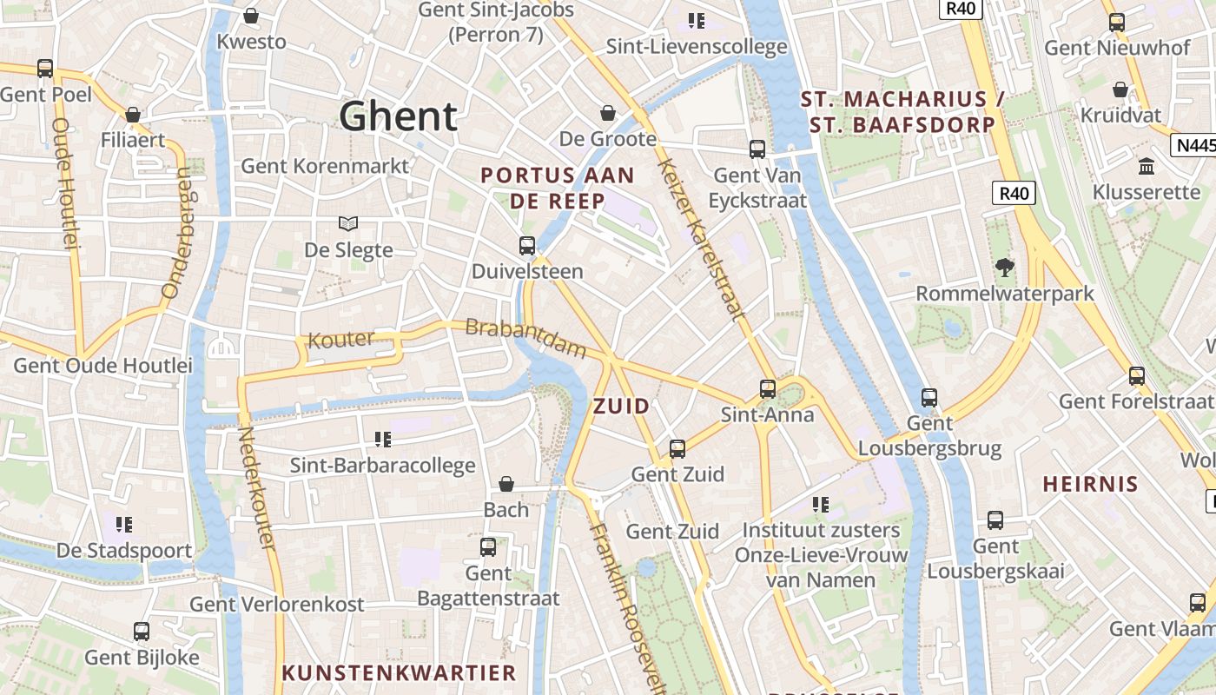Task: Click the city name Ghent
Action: click(x=398, y=116)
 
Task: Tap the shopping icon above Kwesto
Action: click(x=251, y=16)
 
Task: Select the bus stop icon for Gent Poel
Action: click(x=45, y=68)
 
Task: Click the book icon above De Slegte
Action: click(x=348, y=224)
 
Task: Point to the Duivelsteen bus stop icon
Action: click(x=527, y=246)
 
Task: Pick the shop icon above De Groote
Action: click(x=608, y=113)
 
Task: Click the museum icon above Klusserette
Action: click(x=1146, y=166)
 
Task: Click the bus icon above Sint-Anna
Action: click(x=768, y=388)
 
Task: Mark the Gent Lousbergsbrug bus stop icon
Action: click(x=929, y=398)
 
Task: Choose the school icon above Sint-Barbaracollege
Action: click(x=382, y=440)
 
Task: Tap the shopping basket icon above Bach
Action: click(x=506, y=484)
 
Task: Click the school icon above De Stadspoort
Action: click(x=124, y=525)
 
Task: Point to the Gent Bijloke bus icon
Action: click(x=142, y=632)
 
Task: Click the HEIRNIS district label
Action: click(x=1090, y=485)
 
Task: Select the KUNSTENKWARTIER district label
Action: click(x=399, y=672)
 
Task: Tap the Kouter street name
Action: click(x=341, y=340)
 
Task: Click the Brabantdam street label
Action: click(x=526, y=338)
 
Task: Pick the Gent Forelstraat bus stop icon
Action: click(x=1137, y=376)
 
